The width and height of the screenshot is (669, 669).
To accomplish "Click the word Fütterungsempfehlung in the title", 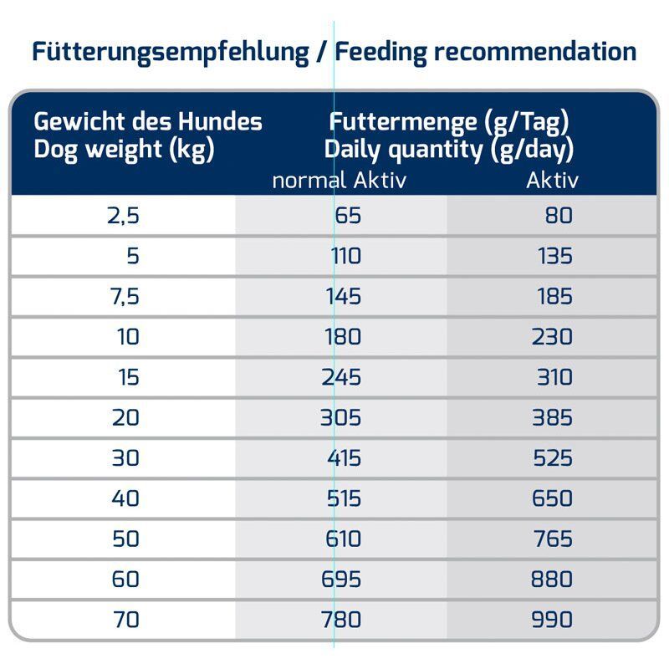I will point(171,52).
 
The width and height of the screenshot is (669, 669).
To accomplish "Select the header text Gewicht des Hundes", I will point(148,122).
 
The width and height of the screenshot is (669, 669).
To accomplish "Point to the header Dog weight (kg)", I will point(124,151).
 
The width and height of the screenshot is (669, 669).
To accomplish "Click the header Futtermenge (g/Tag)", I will point(449,122).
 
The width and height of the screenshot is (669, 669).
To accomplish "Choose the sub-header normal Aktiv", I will point(340,180).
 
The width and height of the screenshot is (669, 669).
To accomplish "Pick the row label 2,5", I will point(122,216).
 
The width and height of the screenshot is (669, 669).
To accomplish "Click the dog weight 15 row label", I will point(128,377).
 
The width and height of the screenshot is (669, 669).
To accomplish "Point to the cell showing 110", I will point(345,256).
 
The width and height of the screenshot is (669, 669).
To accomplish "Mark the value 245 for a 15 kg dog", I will point(342,377).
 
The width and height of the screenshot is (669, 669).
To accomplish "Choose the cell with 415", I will point(344,458).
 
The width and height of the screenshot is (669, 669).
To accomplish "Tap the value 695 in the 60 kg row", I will point(342,580).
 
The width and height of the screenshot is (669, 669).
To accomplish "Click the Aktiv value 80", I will point(559,216).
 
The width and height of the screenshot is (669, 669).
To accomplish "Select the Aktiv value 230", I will point(552,337).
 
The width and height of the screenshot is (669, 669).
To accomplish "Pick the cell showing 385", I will point(552,417).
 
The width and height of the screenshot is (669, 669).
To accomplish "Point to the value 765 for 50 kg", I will point(552,539).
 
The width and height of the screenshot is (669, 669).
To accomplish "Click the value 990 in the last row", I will point(552,620).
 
